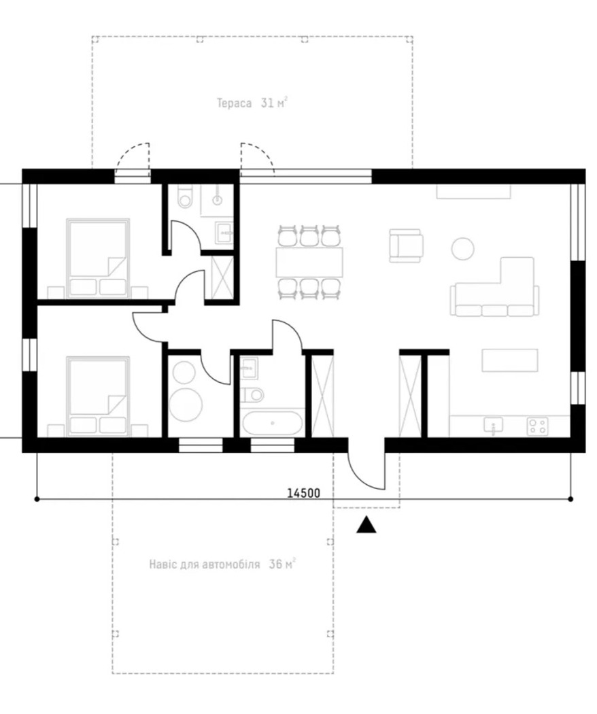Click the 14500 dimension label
coord(304,493)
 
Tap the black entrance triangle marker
coord(366,525)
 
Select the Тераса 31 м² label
coord(252,103)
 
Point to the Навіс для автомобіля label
coord(205,564)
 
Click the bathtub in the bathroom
coord(272,424)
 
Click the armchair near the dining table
coord(406,246)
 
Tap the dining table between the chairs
coord(309,262)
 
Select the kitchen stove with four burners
coord(537,426)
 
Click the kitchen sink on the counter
coord(493,426)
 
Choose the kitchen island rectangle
coord(510,360)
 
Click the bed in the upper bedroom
coord(98,258)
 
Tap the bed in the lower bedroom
coord(98,396)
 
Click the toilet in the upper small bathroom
coord(185,197)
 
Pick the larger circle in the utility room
coord(186,405)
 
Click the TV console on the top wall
coord(474,192)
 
